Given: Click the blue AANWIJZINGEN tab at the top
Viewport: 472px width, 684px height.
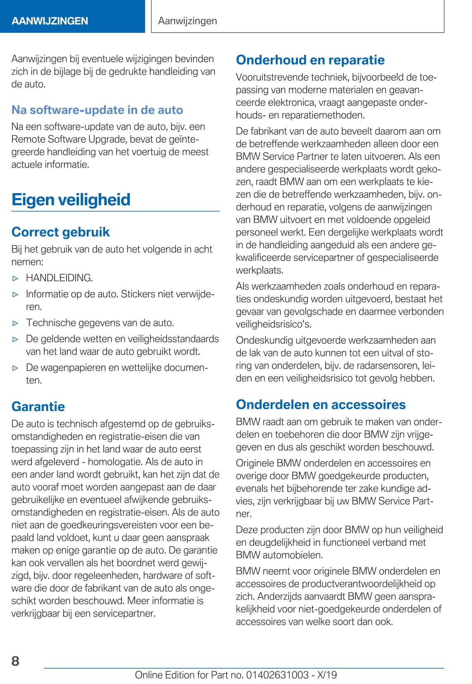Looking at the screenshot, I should tap(50, 21).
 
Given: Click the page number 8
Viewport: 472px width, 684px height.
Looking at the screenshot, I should tap(15, 660).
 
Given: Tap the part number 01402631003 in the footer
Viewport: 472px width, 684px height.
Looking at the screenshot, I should tap(277, 675).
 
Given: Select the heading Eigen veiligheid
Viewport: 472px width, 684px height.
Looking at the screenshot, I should tap(71, 199).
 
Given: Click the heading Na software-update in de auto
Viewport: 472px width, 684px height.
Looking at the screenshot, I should tap(97, 110).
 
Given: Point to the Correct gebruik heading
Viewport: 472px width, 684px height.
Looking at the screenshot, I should tap(61, 232).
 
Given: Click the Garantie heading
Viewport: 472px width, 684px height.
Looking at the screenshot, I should tap(38, 406).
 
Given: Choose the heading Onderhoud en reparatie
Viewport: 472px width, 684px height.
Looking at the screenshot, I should tap(310, 60).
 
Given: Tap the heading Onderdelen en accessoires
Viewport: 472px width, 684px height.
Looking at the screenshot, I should tap(321, 404).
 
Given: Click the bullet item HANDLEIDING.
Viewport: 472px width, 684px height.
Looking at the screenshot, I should tap(59, 278).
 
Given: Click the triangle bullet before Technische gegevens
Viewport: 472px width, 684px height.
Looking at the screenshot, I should tap(16, 323).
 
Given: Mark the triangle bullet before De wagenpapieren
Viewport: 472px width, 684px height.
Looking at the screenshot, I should tap(16, 368).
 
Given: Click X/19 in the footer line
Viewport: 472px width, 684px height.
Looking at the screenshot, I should tap(327, 675).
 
